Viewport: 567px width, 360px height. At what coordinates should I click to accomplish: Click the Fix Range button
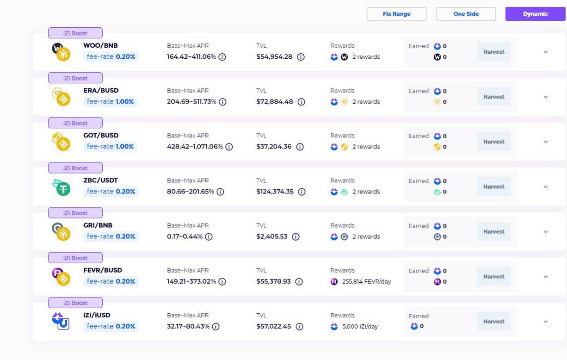click(396, 14)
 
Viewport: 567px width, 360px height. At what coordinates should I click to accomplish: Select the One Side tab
click(466, 14)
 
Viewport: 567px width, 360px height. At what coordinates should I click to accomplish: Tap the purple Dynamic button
click(535, 14)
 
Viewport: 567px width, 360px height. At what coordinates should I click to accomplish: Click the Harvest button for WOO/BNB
click(493, 52)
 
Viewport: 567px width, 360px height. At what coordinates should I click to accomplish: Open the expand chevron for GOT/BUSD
click(545, 142)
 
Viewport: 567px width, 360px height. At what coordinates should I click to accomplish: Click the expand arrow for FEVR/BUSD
click(545, 277)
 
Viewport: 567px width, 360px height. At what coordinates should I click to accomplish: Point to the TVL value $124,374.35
click(275, 192)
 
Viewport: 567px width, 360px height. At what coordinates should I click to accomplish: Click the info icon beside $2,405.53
click(296, 236)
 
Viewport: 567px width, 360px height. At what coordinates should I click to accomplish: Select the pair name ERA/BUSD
click(101, 90)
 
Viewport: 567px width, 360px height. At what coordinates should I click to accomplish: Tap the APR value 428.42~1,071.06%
click(195, 147)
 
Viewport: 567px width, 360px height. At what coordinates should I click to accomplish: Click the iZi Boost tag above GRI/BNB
click(75, 213)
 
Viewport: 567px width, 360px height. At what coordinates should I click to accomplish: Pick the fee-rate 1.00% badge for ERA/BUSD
click(110, 101)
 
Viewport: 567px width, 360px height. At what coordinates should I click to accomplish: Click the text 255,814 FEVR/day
click(366, 281)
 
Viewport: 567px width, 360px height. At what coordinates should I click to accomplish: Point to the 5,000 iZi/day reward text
click(360, 326)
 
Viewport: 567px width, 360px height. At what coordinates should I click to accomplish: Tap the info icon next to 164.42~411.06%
click(222, 57)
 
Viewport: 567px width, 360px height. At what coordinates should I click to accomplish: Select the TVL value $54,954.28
click(274, 57)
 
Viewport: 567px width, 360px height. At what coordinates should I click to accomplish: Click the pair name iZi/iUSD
click(97, 315)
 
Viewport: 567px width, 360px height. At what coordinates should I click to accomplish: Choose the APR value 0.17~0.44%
click(185, 236)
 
